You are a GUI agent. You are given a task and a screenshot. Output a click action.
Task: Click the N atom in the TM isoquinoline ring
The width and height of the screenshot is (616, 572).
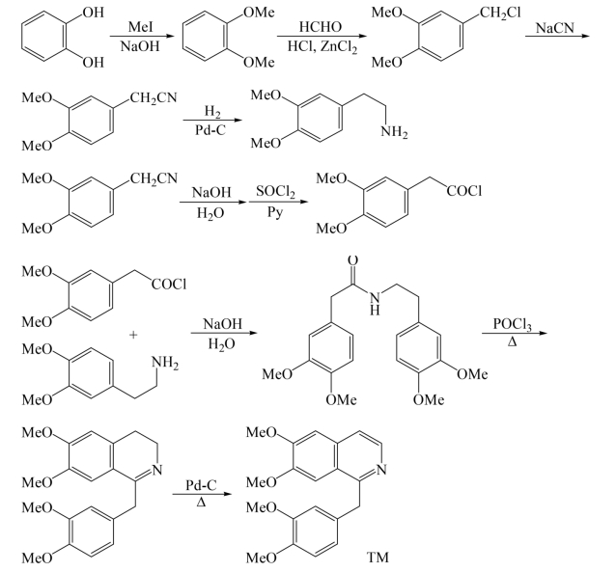pos(383,470)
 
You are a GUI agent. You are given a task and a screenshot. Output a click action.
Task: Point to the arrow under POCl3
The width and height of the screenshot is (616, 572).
pos(510,332)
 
